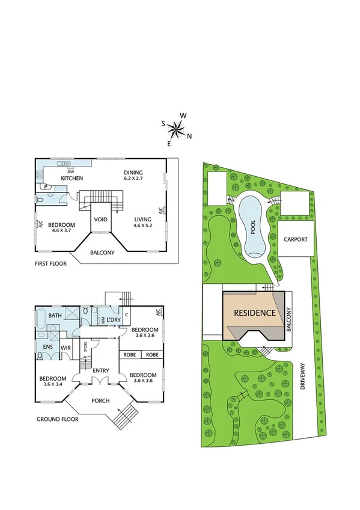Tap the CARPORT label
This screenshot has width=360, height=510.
click(296, 239)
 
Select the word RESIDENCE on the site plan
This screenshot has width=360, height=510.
click(254, 313)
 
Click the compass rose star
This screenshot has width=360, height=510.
click(175, 127)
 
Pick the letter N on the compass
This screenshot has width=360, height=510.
click(189, 136)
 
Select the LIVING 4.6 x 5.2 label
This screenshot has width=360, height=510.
click(142, 223)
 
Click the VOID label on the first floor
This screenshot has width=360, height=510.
click(100, 220)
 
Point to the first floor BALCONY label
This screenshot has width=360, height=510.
click(102, 253)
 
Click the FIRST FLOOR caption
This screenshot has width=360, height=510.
click(51, 263)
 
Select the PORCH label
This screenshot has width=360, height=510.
click(100, 401)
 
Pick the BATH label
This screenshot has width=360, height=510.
click(55, 315)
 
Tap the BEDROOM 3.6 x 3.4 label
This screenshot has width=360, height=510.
click(53, 381)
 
